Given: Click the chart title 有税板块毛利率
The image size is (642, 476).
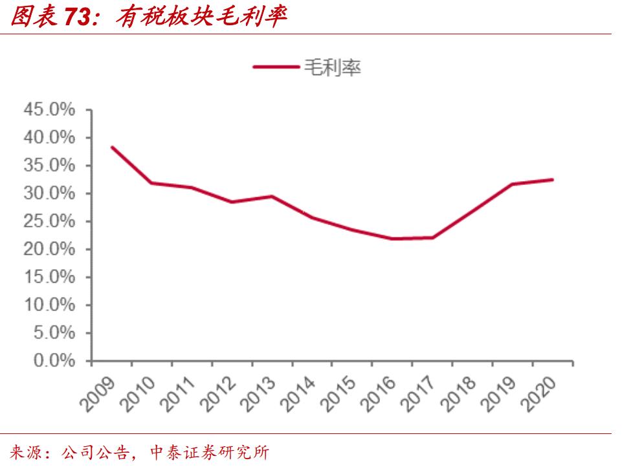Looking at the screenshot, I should [x=200, y=17].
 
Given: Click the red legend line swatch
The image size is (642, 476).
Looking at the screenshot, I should [x=274, y=67].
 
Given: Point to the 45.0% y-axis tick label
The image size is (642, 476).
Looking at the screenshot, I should [x=49, y=110].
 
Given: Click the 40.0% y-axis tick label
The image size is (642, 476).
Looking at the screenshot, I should [x=49, y=138].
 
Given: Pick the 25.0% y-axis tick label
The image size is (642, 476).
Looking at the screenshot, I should [x=49, y=221].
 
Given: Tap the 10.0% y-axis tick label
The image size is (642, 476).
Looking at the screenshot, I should [x=49, y=305].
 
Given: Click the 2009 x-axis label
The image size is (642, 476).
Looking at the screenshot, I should [x=99, y=395].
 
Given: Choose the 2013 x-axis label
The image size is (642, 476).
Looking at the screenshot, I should [x=260, y=395].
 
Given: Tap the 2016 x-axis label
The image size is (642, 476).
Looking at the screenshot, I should [x=380, y=395].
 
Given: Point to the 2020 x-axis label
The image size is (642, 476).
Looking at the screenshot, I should [x=540, y=395].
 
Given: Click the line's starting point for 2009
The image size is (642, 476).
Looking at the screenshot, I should [x=112, y=147].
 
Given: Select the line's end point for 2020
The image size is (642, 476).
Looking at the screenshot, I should [x=553, y=180].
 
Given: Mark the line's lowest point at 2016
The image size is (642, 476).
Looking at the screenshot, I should [x=393, y=239].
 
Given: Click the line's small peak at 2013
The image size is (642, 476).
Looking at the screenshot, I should [x=272, y=197].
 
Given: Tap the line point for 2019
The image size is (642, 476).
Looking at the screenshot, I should [x=513, y=184].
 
